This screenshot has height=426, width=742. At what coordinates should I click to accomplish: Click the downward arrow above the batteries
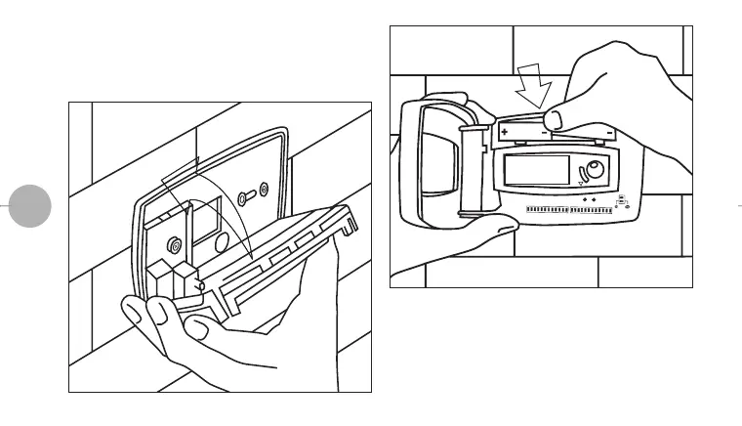(x=533, y=83)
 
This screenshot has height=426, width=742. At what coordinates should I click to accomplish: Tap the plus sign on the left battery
(x=505, y=131)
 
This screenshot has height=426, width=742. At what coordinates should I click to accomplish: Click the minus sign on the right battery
(x=608, y=132)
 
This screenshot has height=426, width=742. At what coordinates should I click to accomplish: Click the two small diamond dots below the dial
(x=589, y=200)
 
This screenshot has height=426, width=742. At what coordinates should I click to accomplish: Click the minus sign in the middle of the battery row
(x=543, y=132)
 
